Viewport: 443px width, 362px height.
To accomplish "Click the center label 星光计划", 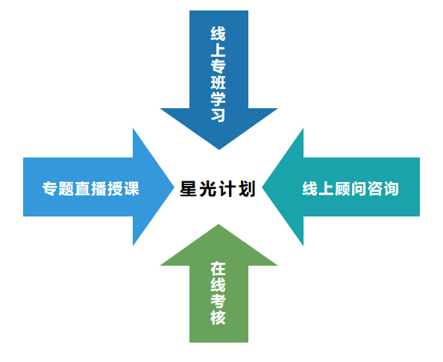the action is (x=218, y=189).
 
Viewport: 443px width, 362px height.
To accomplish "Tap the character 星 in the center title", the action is (x=188, y=189).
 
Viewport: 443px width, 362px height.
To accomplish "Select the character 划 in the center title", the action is (x=247, y=189).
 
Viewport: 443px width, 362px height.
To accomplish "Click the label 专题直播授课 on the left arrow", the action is (x=91, y=188).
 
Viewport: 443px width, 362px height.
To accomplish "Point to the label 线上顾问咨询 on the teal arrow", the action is (x=351, y=188).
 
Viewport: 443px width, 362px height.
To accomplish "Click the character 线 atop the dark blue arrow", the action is (x=218, y=34).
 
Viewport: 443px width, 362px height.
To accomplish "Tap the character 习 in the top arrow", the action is (x=218, y=114).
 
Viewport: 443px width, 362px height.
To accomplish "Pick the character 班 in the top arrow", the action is (x=218, y=82).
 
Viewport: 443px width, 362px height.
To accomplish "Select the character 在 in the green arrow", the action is (x=218, y=269).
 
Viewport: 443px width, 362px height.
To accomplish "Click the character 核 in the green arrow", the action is (x=218, y=317).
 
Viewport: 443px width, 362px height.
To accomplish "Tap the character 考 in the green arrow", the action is (x=218, y=302).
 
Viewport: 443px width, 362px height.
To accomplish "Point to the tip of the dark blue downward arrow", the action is (x=219, y=149).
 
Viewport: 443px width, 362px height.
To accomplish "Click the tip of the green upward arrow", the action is (x=219, y=225).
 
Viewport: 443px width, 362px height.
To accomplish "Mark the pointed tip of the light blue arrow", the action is (x=174, y=187).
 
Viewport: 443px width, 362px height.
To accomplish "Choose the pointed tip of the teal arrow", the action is (x=263, y=187).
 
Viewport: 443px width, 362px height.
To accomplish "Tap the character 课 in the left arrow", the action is (x=132, y=188).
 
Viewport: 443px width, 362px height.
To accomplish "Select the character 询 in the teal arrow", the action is (x=392, y=188).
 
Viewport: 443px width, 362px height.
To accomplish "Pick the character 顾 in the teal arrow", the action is (x=342, y=188).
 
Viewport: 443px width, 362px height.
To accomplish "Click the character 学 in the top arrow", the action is (x=218, y=99).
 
